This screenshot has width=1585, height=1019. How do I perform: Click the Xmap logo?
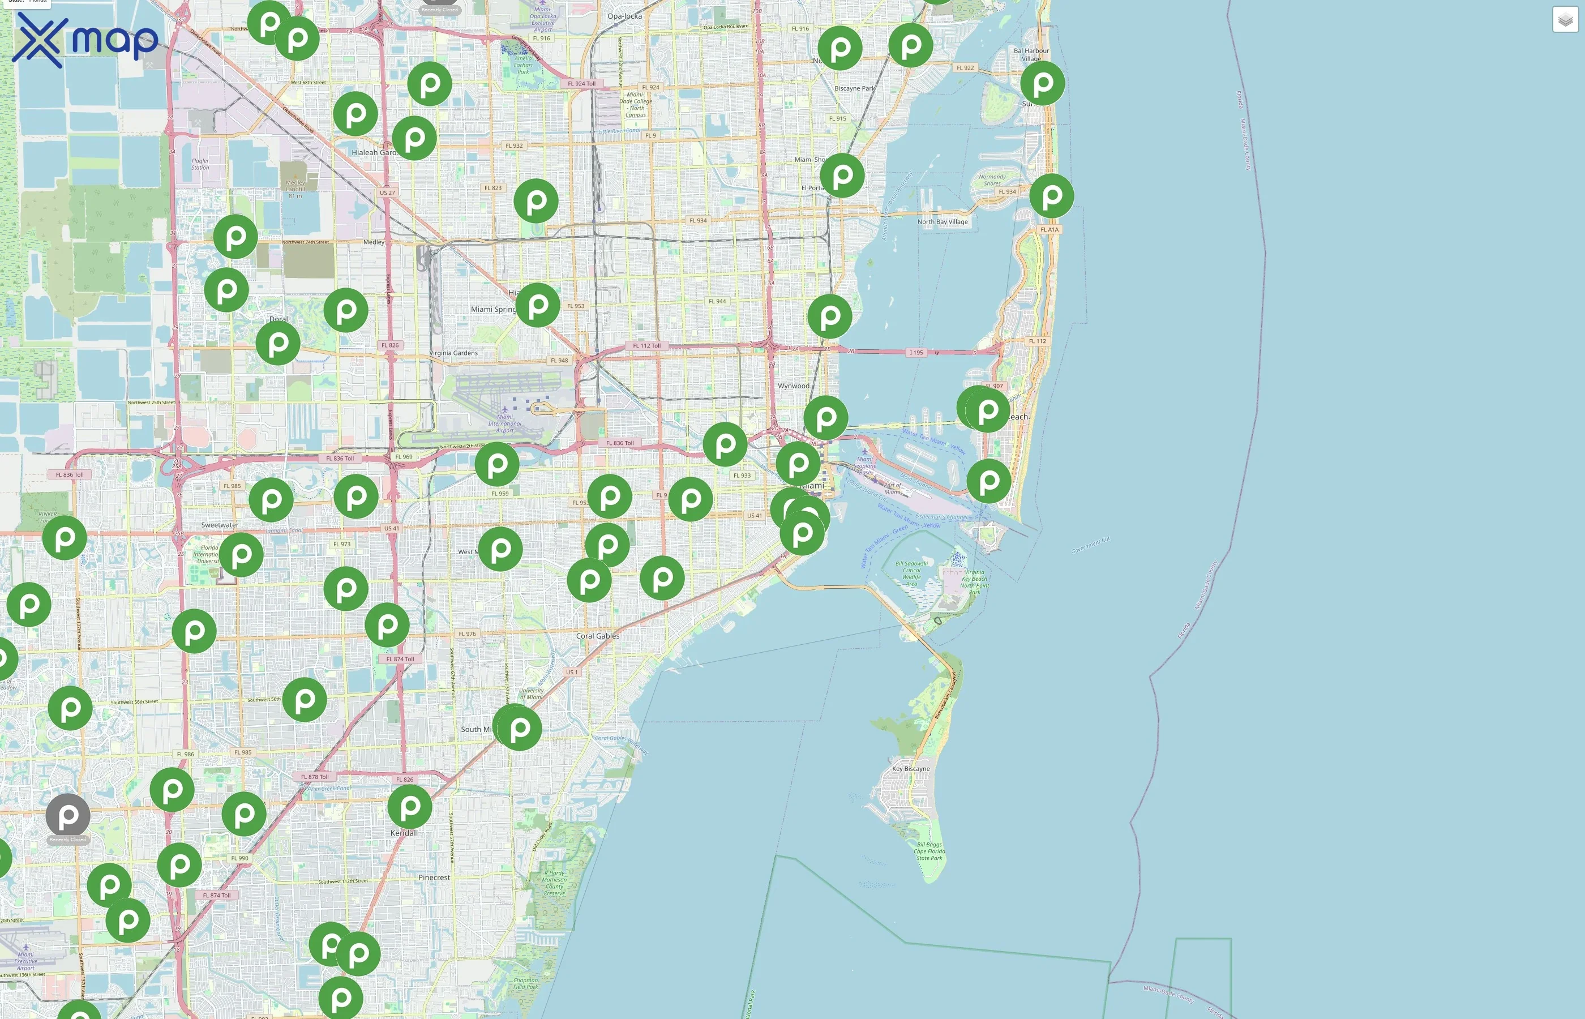click(85, 40)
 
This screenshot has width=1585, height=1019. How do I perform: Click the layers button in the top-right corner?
click(1565, 20)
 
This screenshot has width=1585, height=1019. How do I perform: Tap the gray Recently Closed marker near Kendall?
click(67, 816)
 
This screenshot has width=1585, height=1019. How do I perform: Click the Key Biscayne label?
click(911, 769)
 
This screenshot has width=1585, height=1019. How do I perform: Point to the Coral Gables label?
click(597, 636)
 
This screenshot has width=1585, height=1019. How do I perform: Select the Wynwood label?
click(793, 386)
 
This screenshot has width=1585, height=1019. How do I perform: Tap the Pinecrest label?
click(434, 877)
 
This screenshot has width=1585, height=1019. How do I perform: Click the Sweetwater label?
click(220, 525)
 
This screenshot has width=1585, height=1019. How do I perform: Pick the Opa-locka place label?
click(624, 16)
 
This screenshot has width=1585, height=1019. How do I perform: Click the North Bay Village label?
click(942, 222)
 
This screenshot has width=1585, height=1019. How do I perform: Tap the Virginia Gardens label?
click(454, 353)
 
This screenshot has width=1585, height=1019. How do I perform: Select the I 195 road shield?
click(916, 353)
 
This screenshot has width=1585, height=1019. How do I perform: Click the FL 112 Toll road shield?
click(646, 345)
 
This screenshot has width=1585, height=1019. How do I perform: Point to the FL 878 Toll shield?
click(314, 777)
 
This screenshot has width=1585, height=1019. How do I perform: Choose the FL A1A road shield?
click(1049, 230)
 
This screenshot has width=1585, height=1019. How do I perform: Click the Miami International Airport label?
click(505, 423)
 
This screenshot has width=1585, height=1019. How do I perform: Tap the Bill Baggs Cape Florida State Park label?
click(929, 851)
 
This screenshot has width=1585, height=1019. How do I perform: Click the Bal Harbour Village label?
click(1031, 54)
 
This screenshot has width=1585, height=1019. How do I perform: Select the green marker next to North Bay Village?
click(1051, 196)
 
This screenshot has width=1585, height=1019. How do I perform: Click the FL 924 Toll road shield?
click(581, 83)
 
